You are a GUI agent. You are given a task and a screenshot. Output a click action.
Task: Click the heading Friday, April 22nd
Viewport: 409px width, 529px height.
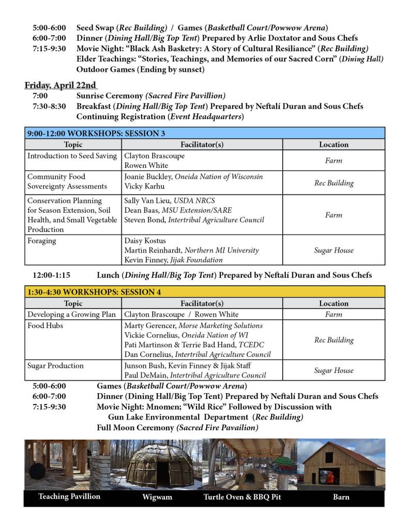[60, 85]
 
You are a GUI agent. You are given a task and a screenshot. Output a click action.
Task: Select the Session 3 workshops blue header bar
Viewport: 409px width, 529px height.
[204, 133]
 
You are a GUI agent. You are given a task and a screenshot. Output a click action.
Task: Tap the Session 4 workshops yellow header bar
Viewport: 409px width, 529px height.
[204, 292]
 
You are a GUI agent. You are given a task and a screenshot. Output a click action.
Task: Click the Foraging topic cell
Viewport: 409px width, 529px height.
[42, 241]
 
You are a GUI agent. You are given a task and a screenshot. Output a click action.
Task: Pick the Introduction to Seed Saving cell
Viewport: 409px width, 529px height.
[72, 155]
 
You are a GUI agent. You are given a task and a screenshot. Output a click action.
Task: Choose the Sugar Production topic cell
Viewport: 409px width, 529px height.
[55, 365]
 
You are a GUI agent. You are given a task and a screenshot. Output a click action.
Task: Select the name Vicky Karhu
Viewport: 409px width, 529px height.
[143, 186]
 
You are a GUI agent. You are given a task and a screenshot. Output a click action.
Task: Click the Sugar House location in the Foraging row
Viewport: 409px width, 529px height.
[334, 250]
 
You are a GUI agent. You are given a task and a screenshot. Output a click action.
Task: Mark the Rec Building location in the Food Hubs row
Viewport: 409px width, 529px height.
[334, 340]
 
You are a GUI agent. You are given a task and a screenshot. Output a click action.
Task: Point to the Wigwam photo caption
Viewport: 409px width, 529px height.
[157, 497]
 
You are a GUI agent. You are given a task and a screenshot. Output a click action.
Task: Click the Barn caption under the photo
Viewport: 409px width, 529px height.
[341, 497]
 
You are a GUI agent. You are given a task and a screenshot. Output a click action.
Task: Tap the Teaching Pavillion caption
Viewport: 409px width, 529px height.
[69, 496]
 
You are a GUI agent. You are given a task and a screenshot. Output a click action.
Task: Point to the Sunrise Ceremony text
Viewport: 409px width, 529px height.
[110, 96]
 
